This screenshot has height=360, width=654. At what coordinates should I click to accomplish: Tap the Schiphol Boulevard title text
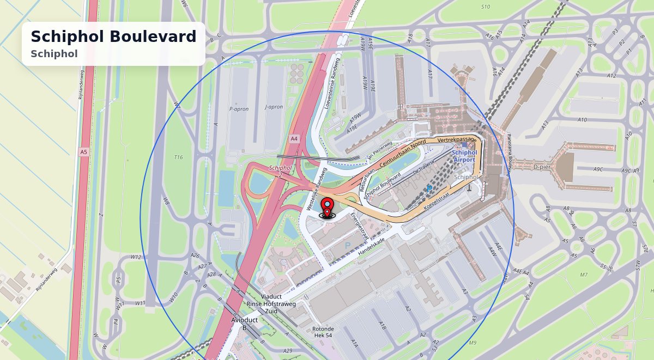(113, 36)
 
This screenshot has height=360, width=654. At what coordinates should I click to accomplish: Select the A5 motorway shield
(83, 152)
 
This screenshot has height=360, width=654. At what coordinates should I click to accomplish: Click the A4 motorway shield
(294, 139)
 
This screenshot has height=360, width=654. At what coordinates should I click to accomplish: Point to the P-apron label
(239, 109)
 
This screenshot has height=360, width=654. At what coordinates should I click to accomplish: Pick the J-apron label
(273, 107)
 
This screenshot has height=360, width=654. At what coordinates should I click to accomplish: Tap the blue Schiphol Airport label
(465, 156)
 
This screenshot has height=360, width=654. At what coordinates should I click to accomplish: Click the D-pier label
(543, 167)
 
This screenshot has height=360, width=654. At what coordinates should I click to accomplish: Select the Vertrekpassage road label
(457, 140)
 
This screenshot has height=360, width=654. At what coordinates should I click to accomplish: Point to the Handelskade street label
(371, 247)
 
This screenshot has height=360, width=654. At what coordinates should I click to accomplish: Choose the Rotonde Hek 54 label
(323, 332)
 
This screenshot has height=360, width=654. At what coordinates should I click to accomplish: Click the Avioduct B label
(244, 324)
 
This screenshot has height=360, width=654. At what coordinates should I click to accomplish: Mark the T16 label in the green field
(178, 157)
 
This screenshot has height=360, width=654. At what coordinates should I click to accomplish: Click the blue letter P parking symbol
(348, 246)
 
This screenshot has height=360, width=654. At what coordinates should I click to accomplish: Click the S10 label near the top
(486, 7)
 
